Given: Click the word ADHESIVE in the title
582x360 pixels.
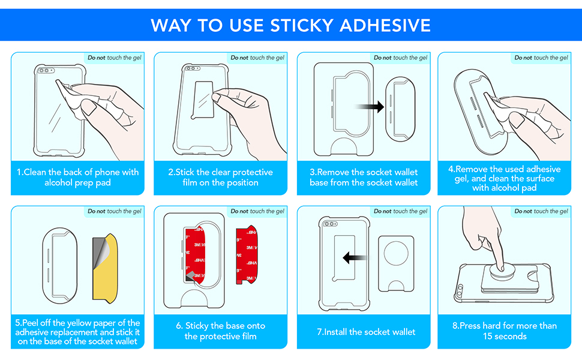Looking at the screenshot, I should (x=385, y=25).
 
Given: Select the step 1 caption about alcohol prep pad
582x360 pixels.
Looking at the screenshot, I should (x=77, y=177).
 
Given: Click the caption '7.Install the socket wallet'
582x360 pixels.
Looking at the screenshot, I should (x=365, y=332).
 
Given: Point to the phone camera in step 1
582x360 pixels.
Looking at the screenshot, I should (x=44, y=71).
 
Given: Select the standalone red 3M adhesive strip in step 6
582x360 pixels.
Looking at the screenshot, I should (x=248, y=254).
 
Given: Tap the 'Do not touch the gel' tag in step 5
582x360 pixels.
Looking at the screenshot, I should (x=113, y=211).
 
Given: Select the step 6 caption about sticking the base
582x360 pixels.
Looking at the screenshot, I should (x=220, y=331).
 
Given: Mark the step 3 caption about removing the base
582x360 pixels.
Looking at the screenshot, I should (x=364, y=177).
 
